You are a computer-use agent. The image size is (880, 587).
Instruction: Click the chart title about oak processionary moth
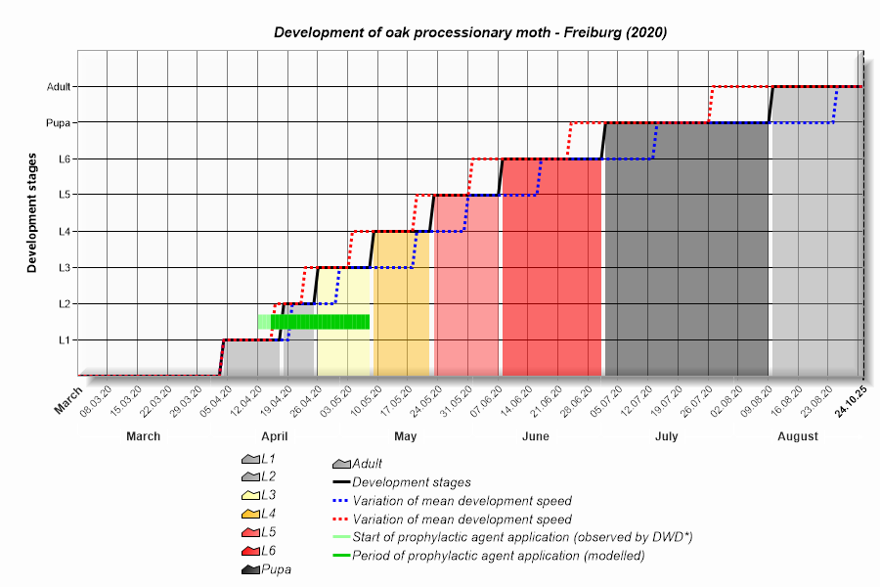[x=470, y=32]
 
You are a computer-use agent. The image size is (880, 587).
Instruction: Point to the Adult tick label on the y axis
[x=59, y=86]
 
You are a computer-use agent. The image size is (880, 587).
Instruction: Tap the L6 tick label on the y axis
[x=64, y=158]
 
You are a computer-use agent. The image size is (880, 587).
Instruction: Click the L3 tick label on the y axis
[x=64, y=267]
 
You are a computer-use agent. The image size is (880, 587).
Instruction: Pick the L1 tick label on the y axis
[x=64, y=339]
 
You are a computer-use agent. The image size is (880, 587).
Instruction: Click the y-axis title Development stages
[x=32, y=212]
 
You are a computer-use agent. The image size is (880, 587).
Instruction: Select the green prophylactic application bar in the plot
[x=319, y=321]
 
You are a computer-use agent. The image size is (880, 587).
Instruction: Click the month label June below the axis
[x=536, y=436]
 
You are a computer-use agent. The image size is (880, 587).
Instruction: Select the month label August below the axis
[x=798, y=436]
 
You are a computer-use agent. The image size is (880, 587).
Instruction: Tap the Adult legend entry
[x=367, y=464]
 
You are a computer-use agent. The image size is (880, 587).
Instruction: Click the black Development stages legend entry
[x=411, y=482]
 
